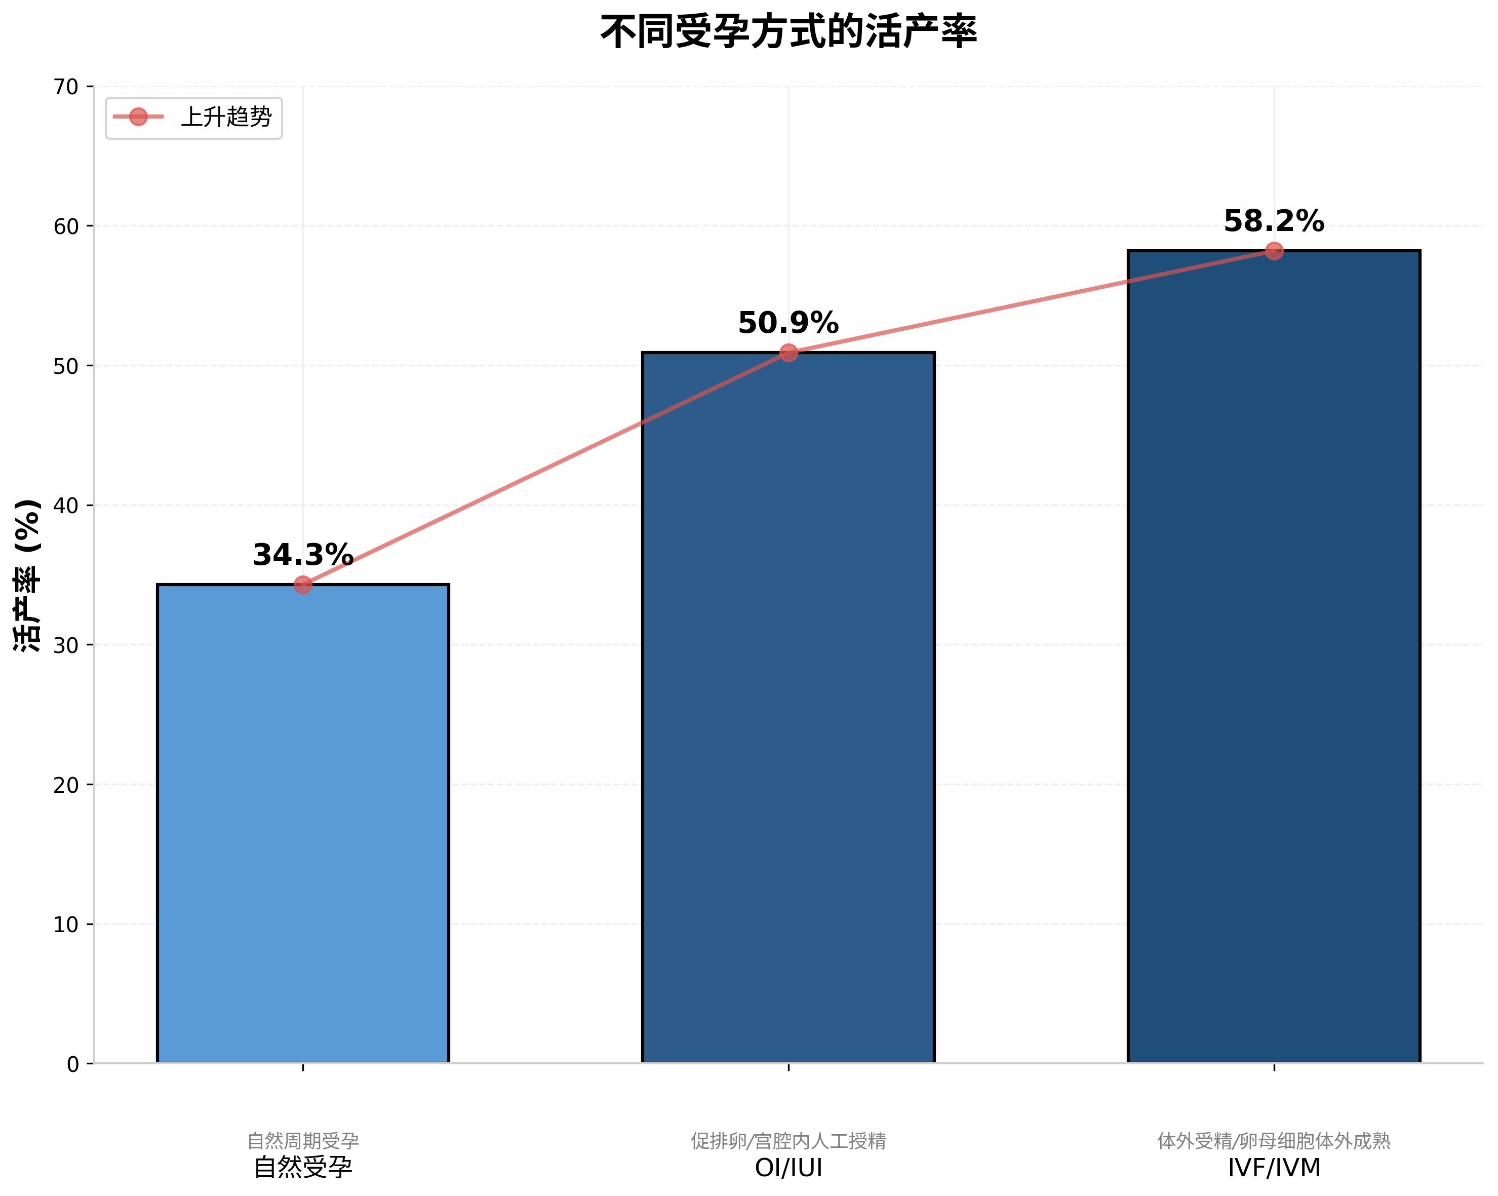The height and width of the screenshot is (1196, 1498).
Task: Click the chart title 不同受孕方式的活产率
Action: (x=788, y=32)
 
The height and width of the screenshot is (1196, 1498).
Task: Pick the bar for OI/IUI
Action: (x=788, y=709)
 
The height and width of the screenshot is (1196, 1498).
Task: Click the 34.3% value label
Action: (x=303, y=555)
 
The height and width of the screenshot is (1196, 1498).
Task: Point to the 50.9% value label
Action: (x=788, y=324)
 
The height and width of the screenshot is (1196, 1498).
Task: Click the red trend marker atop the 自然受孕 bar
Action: (x=303, y=585)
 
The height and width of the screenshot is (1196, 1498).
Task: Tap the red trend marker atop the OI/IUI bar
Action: (x=788, y=353)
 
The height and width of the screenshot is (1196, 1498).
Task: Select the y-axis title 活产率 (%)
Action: (x=28, y=575)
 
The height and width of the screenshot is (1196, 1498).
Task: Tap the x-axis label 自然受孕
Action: (x=303, y=1168)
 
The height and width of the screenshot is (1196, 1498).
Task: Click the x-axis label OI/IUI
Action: (x=788, y=1168)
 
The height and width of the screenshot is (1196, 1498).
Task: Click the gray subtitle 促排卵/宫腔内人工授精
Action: (x=788, y=1141)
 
